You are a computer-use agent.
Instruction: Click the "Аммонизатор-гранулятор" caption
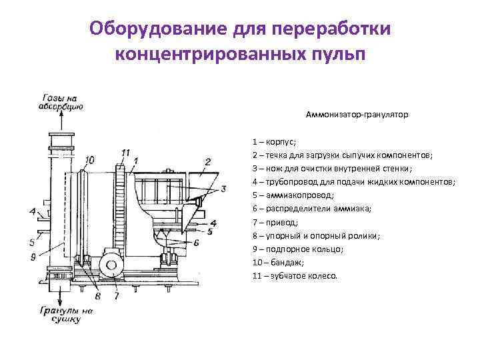click(357, 115)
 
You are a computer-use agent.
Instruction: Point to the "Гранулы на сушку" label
click(65, 315)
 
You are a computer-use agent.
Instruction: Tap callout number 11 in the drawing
click(125, 153)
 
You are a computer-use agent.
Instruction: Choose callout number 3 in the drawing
click(223, 189)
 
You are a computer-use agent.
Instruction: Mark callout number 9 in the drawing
click(33, 257)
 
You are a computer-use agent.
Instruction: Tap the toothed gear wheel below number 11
click(121, 207)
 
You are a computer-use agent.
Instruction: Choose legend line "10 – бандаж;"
click(278, 263)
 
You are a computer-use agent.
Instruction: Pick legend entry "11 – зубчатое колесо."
click(295, 276)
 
